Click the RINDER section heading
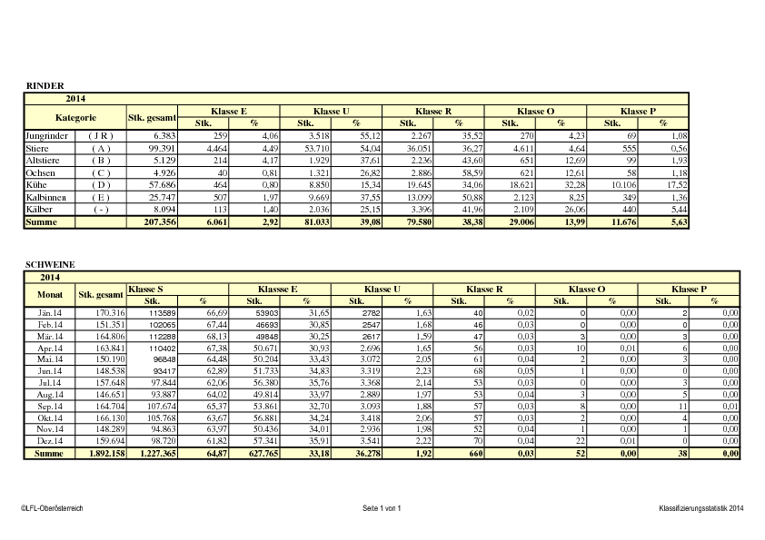click(45, 85)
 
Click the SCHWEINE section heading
click(51, 264)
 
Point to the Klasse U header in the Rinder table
click(332, 111)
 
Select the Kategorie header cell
click(75, 117)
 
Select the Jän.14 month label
click(50, 312)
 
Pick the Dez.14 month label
click(50, 439)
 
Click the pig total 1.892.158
click(101, 452)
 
